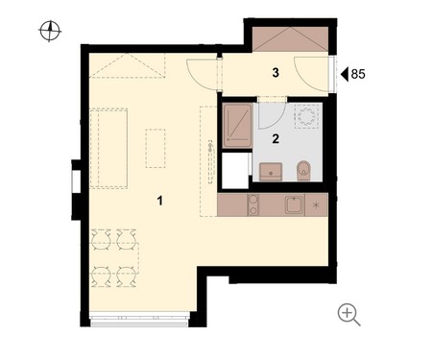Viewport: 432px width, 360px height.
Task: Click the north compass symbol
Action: coord(50,31)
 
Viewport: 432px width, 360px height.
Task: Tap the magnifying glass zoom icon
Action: coord(348,314)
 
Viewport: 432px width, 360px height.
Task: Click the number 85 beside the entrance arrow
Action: coord(358,74)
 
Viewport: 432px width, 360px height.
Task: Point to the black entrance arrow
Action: coord(345,74)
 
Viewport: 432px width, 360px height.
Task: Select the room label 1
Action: coord(160,201)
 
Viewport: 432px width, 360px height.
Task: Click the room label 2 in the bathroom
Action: coord(276,138)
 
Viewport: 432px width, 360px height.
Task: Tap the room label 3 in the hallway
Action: coord(276,73)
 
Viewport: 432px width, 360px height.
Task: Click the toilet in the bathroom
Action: coord(303,171)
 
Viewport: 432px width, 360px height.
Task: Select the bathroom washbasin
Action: coord(271,172)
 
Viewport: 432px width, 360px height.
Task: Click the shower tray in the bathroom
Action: coord(237,125)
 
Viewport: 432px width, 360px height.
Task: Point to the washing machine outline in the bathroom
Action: coord(306,116)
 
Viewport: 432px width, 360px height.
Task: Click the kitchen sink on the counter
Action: coord(294,204)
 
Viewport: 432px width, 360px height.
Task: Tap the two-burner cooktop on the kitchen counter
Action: coord(253,204)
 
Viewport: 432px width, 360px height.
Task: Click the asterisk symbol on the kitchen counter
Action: coord(316,204)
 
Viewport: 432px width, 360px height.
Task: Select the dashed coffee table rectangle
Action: coord(156,148)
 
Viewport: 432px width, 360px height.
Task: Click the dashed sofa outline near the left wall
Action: coord(108,148)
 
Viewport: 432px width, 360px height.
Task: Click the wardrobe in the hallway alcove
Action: coord(291,39)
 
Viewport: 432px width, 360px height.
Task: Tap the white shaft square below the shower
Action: coord(235,171)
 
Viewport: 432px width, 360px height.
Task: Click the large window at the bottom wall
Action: coord(139,320)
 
